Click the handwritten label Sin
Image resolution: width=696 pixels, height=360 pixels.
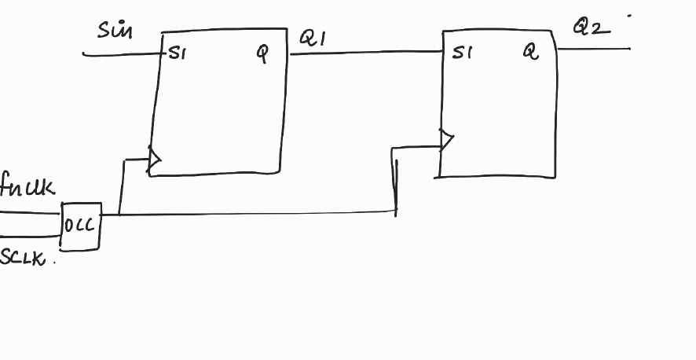tap(115, 31)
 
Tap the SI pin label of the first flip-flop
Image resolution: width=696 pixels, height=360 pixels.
tap(177, 54)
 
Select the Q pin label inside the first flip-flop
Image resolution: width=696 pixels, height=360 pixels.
tap(262, 53)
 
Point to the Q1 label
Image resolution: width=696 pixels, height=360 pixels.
tap(313, 39)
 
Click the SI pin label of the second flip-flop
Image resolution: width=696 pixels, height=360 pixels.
tap(463, 53)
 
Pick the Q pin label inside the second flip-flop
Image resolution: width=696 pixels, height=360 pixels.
tap(532, 52)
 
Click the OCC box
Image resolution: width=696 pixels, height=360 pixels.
tap(81, 226)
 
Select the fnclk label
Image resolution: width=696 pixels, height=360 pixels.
tap(27, 187)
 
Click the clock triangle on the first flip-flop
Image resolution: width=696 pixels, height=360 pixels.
tap(155, 160)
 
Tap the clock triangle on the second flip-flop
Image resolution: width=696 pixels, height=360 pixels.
tap(447, 141)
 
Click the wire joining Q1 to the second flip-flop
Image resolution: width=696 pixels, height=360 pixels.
tap(365, 52)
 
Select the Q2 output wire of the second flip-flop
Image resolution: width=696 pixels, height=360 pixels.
tap(594, 49)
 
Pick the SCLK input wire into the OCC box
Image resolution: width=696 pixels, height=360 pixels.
tap(30, 235)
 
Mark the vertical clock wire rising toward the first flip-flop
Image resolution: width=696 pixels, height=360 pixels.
tap(122, 186)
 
